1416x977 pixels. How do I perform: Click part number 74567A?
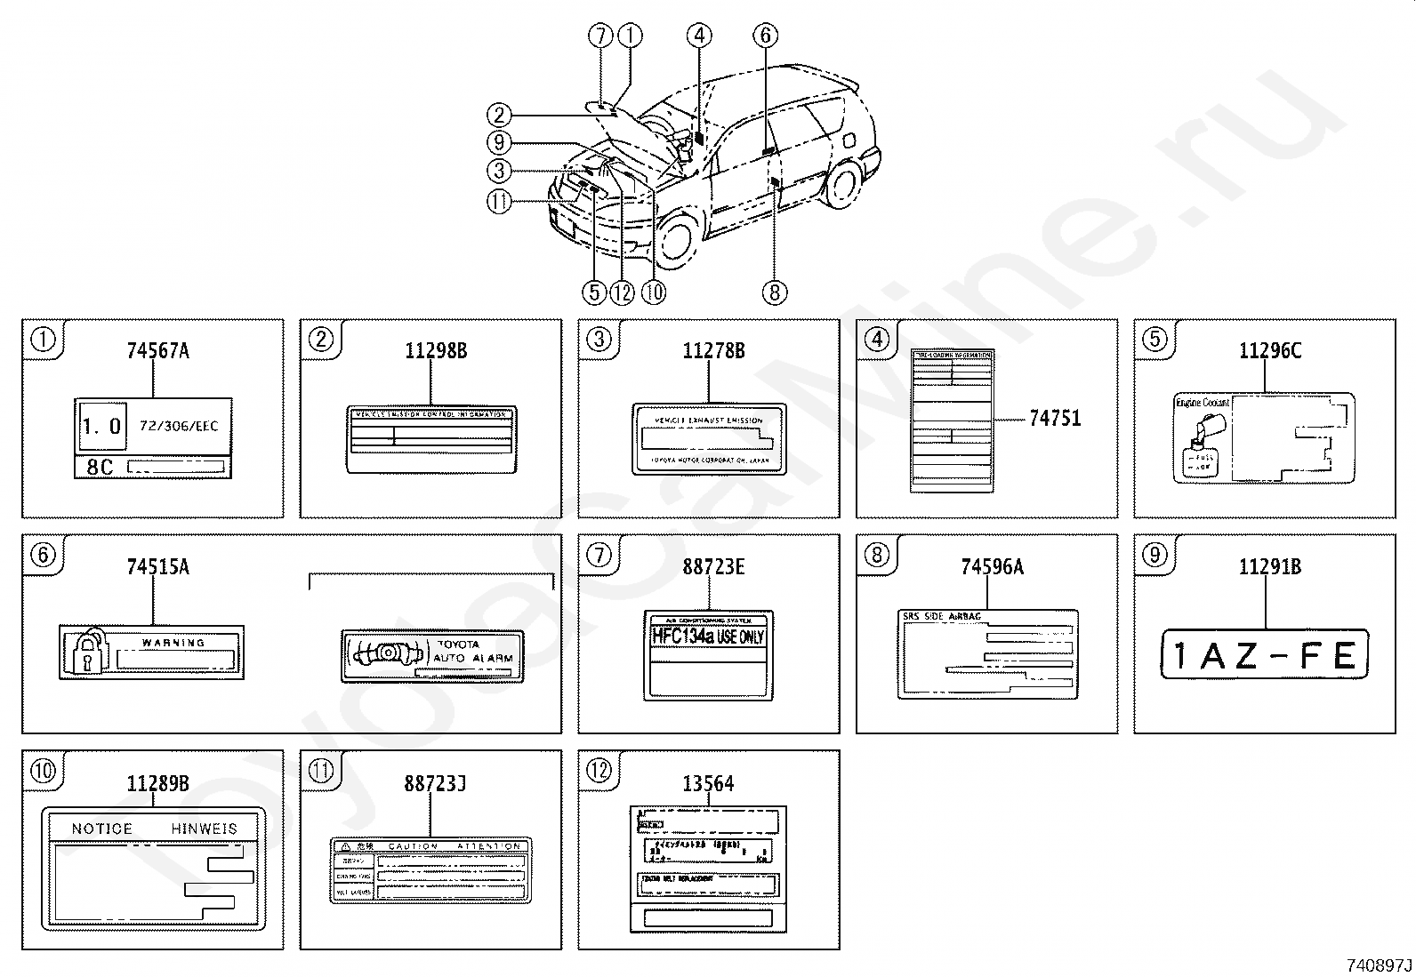[157, 351]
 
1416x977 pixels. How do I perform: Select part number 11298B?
[436, 351]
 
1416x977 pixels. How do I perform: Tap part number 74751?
[1055, 419]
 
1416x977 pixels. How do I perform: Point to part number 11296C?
[1269, 351]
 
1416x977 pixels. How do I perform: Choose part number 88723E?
[713, 567]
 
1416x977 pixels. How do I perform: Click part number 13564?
[708, 783]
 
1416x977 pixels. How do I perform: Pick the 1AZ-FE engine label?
[1264, 656]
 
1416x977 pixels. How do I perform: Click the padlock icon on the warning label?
[86, 653]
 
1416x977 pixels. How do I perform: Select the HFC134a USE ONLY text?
[708, 637]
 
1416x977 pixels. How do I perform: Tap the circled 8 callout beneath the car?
[774, 292]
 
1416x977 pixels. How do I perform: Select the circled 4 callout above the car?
[698, 36]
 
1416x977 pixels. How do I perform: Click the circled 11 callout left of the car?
[500, 202]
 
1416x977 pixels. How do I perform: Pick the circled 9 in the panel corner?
[1154, 556]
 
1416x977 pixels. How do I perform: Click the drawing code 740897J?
[1378, 965]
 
